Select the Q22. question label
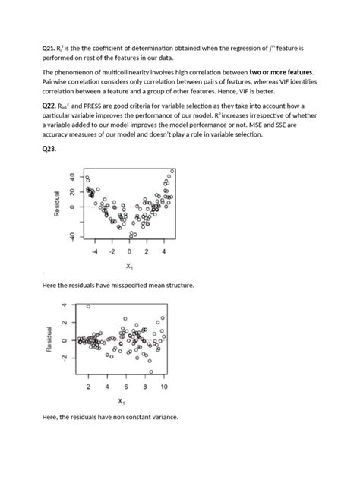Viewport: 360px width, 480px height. (x=49, y=107)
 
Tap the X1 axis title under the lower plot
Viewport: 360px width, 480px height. (x=122, y=400)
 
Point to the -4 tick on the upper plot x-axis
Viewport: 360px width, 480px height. (x=94, y=251)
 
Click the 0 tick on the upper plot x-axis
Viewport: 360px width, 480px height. (x=128, y=251)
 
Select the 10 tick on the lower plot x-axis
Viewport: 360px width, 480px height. (x=163, y=387)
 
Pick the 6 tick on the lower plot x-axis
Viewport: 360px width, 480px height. (x=125, y=387)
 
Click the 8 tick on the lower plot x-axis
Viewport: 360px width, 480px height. (x=144, y=387)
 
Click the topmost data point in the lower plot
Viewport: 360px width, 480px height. (x=88, y=307)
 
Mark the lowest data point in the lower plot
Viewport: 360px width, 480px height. (x=150, y=371)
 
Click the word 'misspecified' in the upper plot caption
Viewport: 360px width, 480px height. (x=121, y=285)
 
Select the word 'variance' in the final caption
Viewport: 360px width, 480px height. (x=161, y=418)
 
